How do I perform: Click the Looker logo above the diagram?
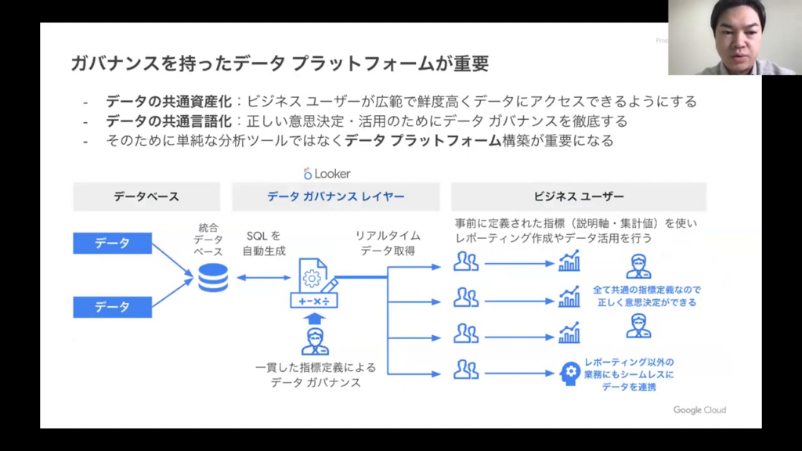pyautogui.click(x=327, y=173)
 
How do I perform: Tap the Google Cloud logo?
pyautogui.click(x=699, y=410)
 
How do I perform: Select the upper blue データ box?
pyautogui.click(x=112, y=243)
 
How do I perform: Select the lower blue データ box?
pyautogui.click(x=112, y=307)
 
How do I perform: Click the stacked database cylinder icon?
pyautogui.click(x=212, y=278)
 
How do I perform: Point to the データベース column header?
pyautogui.click(x=146, y=197)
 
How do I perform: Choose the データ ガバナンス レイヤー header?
pyautogui.click(x=336, y=197)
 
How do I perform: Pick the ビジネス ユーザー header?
pyautogui.click(x=579, y=197)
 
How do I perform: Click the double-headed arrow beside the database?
pyautogui.click(x=259, y=278)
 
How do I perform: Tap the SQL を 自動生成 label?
pyautogui.click(x=264, y=244)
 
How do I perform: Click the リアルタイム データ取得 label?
pyautogui.click(x=388, y=244)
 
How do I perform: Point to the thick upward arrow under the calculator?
pyautogui.click(x=314, y=318)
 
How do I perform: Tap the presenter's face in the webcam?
pyautogui.click(x=737, y=35)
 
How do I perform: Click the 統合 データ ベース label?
pyautogui.click(x=210, y=240)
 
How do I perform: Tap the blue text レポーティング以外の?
pyautogui.click(x=629, y=362)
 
